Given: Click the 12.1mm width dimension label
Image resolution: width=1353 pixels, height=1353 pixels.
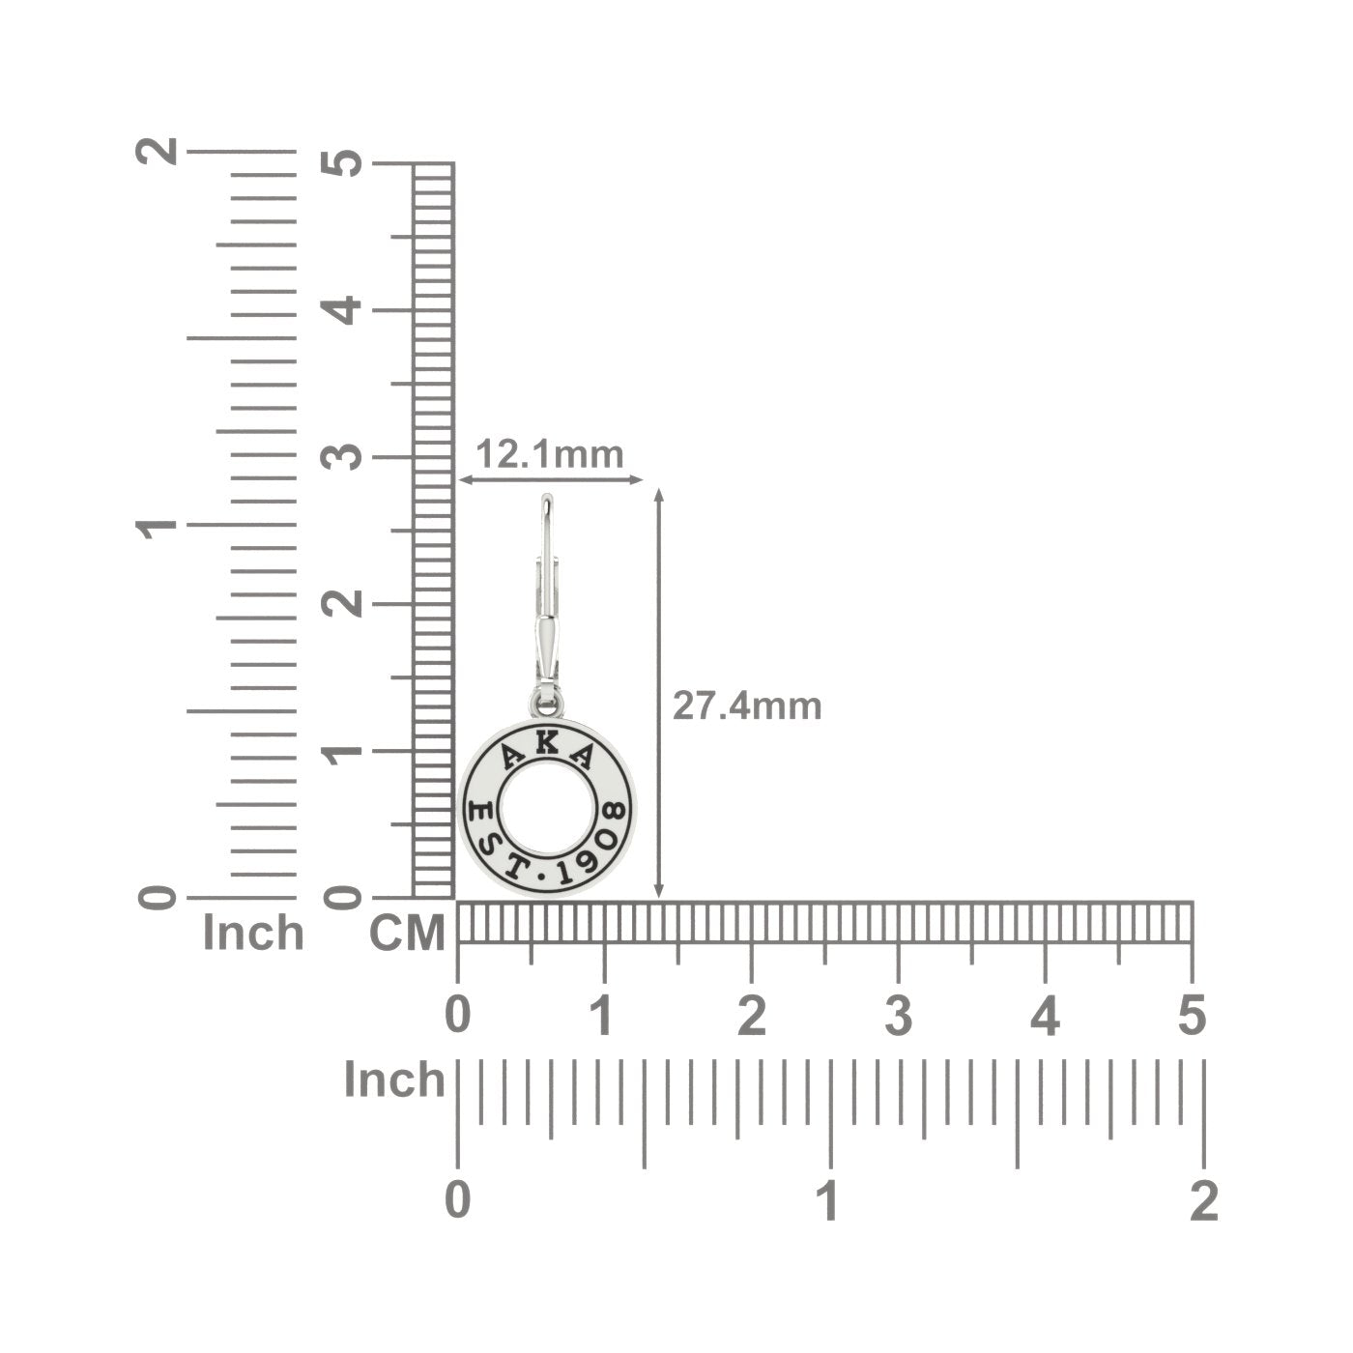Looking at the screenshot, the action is tap(550, 454).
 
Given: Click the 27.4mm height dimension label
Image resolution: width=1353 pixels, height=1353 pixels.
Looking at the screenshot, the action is tap(747, 706).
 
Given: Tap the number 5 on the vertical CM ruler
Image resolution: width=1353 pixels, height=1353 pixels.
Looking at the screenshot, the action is tap(341, 163).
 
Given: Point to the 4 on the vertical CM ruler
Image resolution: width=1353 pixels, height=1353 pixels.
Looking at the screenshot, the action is tap(341, 310).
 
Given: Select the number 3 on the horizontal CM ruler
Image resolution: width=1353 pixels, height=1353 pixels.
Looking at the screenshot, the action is tap(898, 1016).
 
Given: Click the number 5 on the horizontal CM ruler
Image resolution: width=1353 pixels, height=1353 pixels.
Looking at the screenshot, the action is tap(1192, 1016).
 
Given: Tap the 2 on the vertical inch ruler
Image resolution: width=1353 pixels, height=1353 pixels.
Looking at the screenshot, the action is tap(157, 150).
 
